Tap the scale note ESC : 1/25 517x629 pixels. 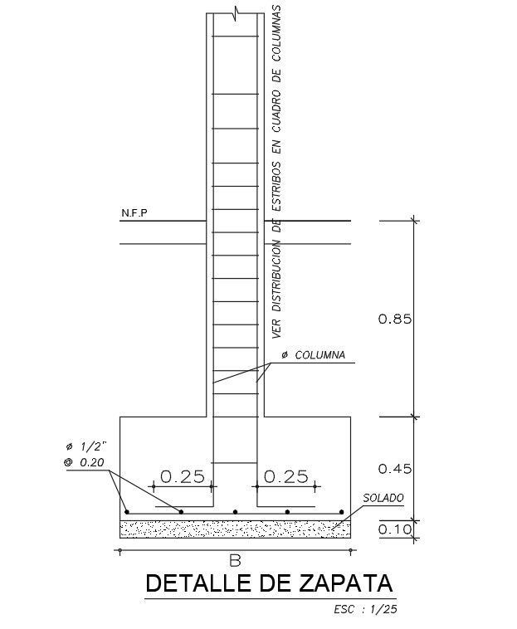[365, 609]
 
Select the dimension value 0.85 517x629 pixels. [395, 319]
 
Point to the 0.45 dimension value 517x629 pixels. [395, 469]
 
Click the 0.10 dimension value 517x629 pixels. [395, 529]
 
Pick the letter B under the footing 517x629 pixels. [235, 561]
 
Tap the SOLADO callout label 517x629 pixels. [383, 498]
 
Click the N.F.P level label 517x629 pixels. [134, 213]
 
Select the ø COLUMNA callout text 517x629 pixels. [313, 355]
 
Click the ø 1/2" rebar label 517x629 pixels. [87, 446]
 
